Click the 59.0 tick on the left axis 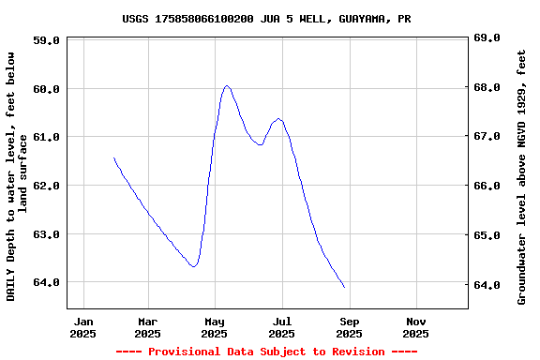click(x=46, y=40)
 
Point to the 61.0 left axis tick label click(x=46, y=137)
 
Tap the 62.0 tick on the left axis click(x=46, y=186)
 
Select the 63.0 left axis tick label click(x=46, y=234)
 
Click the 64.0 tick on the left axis click(x=46, y=282)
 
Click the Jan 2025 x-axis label click(x=83, y=326)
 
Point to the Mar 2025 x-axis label click(x=147, y=326)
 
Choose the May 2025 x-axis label click(x=215, y=326)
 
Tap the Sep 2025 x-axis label click(x=349, y=326)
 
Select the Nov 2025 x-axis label click(x=415, y=326)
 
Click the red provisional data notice click(x=266, y=352)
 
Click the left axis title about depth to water click(x=18, y=176)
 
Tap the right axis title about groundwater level click(x=521, y=176)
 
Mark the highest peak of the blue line click(x=227, y=86)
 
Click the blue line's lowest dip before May click(x=193, y=266)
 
